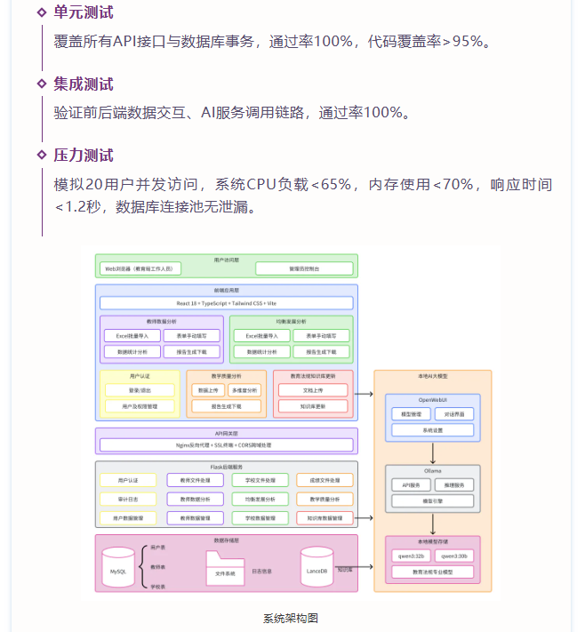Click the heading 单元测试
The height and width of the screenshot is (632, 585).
(x=83, y=12)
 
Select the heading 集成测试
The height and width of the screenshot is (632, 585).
(x=83, y=84)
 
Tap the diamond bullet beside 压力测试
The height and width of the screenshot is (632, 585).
(x=41, y=156)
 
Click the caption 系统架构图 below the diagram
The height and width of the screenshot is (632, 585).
(x=291, y=618)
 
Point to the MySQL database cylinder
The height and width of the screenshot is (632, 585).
(x=118, y=569)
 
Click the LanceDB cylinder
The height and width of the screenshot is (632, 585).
(x=317, y=568)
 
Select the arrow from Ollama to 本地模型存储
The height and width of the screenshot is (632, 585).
(x=432, y=524)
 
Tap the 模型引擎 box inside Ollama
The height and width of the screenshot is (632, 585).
(x=432, y=500)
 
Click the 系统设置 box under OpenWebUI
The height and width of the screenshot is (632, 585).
(x=432, y=430)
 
